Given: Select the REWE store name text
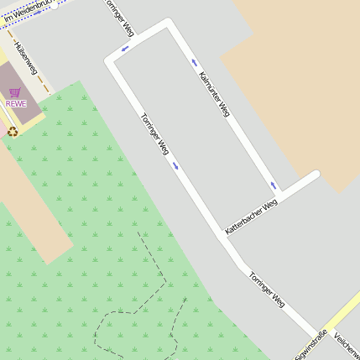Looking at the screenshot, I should (16, 104).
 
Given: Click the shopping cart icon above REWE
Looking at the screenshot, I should (15, 92).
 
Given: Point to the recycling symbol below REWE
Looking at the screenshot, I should (13, 130).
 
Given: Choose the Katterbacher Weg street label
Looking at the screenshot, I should (251, 217).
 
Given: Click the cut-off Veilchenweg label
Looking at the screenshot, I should (347, 345).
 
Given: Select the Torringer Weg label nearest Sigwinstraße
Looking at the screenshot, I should (268, 290).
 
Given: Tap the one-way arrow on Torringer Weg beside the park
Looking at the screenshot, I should (176, 165).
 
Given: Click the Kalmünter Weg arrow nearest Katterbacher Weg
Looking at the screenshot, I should (273, 185).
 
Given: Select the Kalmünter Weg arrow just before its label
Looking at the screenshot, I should (195, 63).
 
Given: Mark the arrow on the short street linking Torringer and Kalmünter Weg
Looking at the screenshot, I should (125, 48).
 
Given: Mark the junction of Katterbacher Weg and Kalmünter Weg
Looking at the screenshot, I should (281, 196).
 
